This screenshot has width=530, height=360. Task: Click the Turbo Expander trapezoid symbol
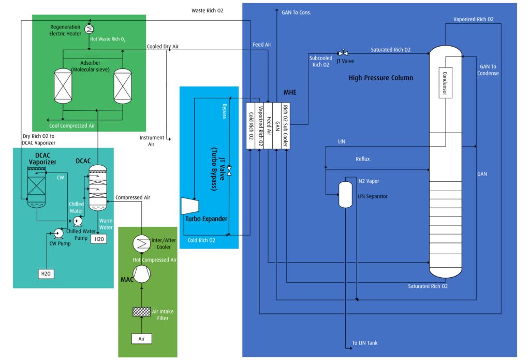[189, 206]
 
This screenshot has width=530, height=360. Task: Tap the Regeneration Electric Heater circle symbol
[89, 29]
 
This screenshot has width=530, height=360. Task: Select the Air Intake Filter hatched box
[142, 312]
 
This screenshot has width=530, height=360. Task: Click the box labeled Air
[142, 339]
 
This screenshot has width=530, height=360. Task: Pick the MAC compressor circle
[142, 273]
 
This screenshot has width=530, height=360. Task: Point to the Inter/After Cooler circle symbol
[142, 243]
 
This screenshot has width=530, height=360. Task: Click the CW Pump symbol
[58, 234]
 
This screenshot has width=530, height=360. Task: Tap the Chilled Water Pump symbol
[78, 221]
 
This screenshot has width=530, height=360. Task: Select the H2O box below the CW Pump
[46, 273]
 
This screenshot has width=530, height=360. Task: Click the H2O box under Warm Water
[99, 239]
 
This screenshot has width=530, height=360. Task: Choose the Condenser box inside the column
[446, 83]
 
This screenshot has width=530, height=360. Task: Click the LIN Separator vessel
[345, 195]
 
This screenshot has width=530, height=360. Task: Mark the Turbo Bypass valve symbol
[229, 171]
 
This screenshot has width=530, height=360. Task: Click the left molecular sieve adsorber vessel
[63, 86]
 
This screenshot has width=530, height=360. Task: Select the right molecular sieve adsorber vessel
[123, 86]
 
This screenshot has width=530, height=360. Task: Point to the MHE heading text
[290, 92]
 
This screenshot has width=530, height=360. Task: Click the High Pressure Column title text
[381, 78]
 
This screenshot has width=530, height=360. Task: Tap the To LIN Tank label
[365, 343]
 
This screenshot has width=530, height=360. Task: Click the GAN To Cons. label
[296, 12]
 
